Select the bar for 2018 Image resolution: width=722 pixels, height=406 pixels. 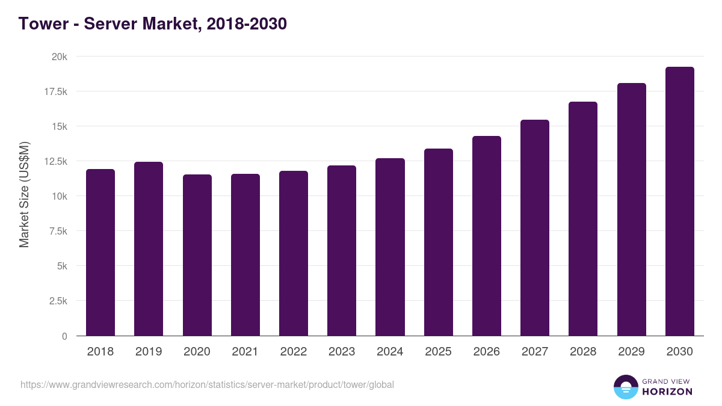(100, 253)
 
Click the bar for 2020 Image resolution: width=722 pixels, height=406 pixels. (197, 255)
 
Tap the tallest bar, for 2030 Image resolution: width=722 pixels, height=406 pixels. (679, 201)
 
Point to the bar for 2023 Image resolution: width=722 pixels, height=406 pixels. (342, 250)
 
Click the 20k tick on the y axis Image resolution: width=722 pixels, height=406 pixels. (59, 57)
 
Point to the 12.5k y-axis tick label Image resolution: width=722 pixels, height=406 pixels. (55, 161)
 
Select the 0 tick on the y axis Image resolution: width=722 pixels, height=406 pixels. (64, 336)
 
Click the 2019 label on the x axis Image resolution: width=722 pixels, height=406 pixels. (149, 352)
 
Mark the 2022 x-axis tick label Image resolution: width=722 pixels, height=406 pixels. (294, 352)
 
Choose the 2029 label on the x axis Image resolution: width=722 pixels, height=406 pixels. (631, 352)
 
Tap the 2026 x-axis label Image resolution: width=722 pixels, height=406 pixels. (486, 352)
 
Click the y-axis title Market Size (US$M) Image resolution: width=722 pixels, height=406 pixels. (24, 195)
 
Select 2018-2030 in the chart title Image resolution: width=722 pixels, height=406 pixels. (246, 24)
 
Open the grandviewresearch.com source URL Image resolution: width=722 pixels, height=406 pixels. (207, 384)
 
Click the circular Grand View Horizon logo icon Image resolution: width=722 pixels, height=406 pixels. (625, 387)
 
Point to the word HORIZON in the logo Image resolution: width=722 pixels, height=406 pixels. (667, 392)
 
